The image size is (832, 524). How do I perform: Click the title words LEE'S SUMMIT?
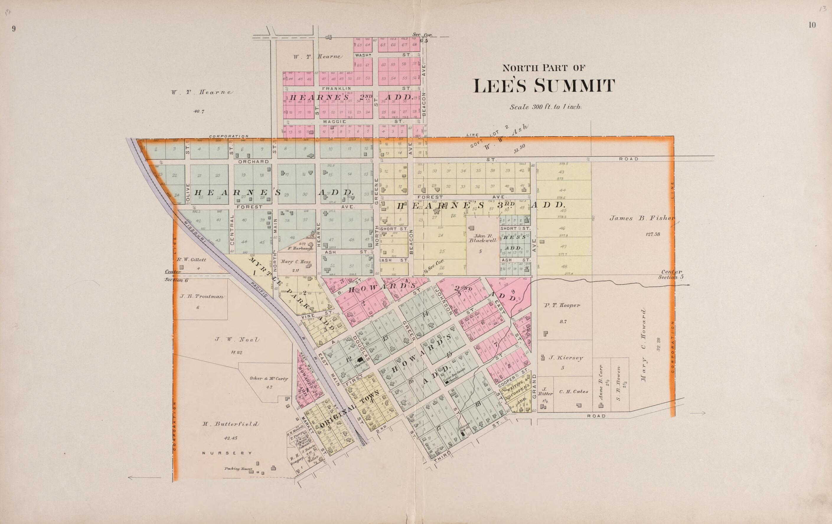coord(544,86)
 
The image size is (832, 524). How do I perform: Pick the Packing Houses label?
coord(238,469)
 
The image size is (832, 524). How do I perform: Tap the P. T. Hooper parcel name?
coord(562,305)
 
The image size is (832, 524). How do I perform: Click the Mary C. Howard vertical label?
coord(643,345)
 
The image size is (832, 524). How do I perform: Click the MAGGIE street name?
coord(335,122)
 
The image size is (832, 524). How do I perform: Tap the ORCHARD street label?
coord(253,161)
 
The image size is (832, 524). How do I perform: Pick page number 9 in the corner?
coord(14,29)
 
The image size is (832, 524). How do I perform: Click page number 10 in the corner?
coord(812,25)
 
